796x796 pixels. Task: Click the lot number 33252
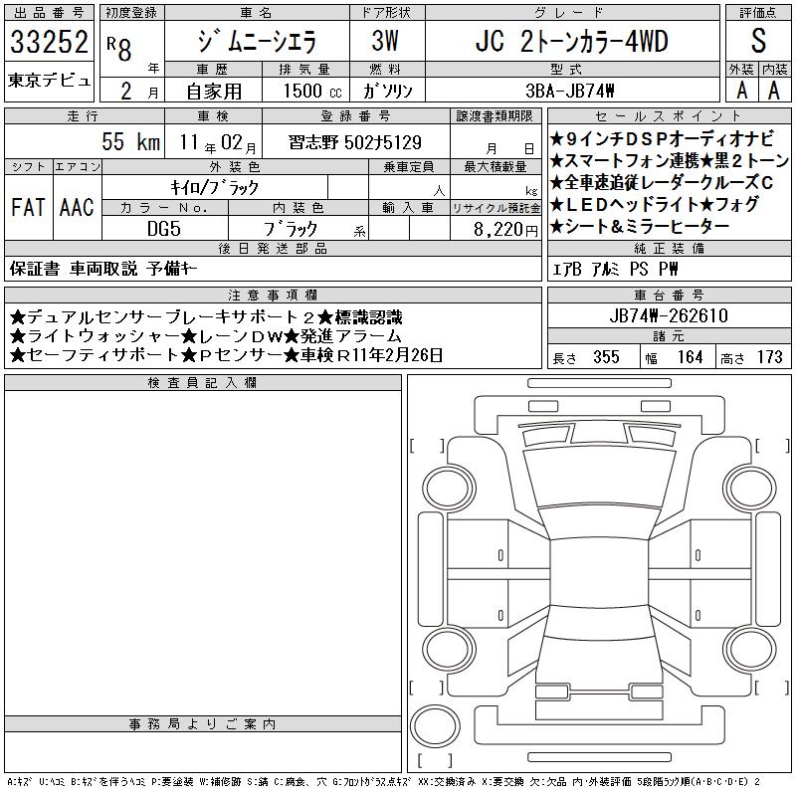pos(49,42)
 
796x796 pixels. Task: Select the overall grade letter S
pos(758,41)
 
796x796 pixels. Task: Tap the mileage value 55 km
pos(131,141)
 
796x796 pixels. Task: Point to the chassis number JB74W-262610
pos(669,315)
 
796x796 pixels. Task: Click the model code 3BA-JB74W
pos(570,91)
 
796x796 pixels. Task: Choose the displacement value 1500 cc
pos(312,91)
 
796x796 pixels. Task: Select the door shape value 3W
pos(385,41)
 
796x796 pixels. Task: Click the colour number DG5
pos(164,229)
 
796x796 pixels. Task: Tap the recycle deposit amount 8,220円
pos(505,230)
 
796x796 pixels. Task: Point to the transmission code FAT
pos(28,207)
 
